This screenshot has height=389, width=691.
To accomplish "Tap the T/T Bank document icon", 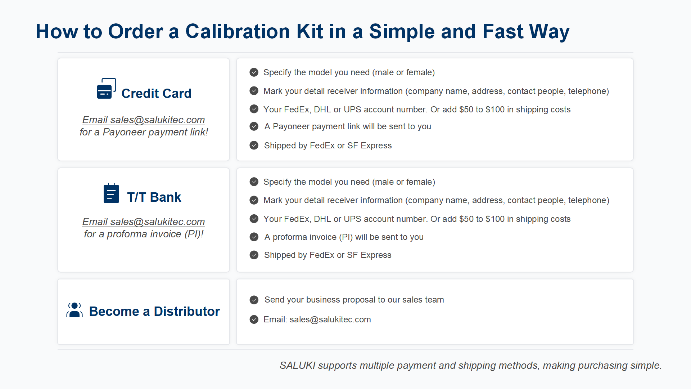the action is (x=111, y=193).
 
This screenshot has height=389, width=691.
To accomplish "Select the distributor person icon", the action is (x=74, y=310).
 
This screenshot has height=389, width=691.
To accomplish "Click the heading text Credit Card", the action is (x=157, y=94).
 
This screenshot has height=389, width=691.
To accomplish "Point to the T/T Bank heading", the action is (x=154, y=197).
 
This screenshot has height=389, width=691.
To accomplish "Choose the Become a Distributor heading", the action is (x=154, y=312).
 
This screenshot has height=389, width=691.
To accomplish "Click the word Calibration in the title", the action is (x=238, y=31).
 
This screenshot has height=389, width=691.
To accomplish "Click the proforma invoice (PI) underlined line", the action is (x=144, y=234).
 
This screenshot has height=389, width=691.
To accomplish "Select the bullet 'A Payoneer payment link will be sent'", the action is (x=348, y=126).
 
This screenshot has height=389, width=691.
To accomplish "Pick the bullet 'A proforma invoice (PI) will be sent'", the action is (x=344, y=237).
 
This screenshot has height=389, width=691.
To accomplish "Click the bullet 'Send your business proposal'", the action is (x=354, y=300).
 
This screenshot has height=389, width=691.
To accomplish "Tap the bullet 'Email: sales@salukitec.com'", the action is (x=317, y=319).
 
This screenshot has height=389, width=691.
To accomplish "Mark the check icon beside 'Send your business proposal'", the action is (x=254, y=300).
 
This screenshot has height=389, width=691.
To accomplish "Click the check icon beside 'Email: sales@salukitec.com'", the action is (x=254, y=319).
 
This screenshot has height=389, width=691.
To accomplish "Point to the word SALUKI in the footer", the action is (x=298, y=365).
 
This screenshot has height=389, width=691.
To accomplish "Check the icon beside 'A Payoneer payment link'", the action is (x=254, y=126).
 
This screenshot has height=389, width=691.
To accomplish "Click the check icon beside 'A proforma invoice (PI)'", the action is (x=254, y=237).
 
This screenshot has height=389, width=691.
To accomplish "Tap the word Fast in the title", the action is (x=503, y=31).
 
